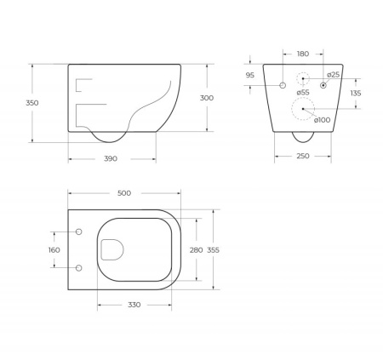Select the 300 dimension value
coord(207,98)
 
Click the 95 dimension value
coord(249,75)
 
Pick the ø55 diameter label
coord(302,92)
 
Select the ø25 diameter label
coord(333,75)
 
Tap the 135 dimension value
coord(356,93)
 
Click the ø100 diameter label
coord(322,119)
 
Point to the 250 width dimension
coord(302,156)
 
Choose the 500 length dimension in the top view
coord(123,193)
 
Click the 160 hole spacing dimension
coord(54,250)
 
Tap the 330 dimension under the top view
coord(134,305)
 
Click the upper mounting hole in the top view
coord(78,231)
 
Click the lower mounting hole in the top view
coord(78,268)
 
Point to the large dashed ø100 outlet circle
coord(302,108)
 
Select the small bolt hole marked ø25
coord(323,84)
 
